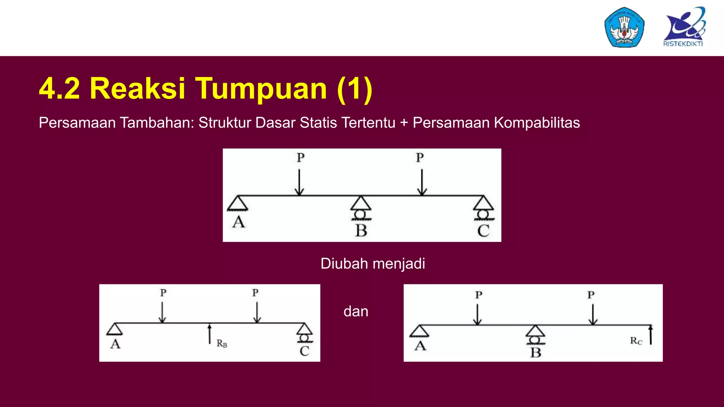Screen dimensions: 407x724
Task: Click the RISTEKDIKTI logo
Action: [x=684, y=27]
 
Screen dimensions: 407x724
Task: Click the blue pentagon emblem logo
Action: [x=624, y=27]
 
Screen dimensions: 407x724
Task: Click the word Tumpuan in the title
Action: [x=261, y=88]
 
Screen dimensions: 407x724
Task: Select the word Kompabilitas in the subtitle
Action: [x=537, y=123]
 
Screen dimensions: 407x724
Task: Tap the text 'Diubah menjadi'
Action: [x=373, y=264]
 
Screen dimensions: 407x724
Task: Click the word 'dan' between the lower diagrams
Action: [x=356, y=311]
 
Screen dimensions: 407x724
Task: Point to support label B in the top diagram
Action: [x=361, y=231]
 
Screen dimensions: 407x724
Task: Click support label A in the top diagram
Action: [x=239, y=222]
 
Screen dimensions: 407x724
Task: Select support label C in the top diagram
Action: [x=483, y=231]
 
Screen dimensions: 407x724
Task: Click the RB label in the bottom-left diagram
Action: [x=222, y=343]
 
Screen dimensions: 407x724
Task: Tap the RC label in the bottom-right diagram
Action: [x=636, y=341]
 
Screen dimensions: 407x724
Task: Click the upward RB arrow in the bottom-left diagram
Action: [x=210, y=334]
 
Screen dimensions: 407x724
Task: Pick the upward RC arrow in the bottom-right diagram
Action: [x=650, y=335]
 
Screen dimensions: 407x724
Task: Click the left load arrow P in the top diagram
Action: [x=299, y=182]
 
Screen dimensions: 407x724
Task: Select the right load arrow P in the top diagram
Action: [x=422, y=182]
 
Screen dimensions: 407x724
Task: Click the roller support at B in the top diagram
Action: [x=361, y=208]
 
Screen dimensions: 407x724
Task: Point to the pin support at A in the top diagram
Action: [x=238, y=203]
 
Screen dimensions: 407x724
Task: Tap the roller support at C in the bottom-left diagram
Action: [x=304, y=333]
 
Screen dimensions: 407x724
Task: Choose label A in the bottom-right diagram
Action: [x=420, y=346]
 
